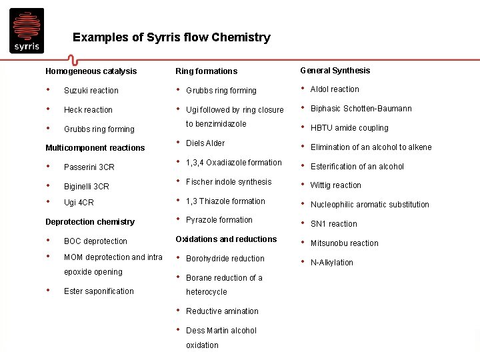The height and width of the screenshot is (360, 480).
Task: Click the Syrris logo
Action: [27, 31]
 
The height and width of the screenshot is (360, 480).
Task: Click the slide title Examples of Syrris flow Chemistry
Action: [171, 37]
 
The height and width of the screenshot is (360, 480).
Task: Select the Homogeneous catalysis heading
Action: [91, 71]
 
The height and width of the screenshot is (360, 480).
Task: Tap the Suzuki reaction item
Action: [91, 91]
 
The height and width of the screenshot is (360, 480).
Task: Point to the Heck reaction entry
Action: [88, 110]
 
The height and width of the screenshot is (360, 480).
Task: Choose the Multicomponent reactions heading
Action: [95, 148]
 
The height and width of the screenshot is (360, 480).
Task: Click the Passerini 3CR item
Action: [89, 167]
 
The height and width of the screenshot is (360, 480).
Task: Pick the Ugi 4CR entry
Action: [79, 203]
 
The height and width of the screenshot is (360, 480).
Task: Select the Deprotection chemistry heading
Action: [89, 222]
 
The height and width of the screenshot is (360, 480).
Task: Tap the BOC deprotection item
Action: [95, 241]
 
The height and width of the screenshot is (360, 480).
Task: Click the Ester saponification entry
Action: [99, 291]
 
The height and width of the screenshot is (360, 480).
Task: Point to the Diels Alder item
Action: [205, 143]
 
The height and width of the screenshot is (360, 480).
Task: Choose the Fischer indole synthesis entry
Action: [229, 182]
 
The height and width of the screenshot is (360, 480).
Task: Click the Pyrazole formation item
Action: [219, 220]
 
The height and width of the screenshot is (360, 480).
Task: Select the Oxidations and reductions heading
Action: [226, 239]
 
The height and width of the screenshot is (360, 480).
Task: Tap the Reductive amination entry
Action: [222, 311]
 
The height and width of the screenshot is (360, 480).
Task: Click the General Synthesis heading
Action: [335, 71]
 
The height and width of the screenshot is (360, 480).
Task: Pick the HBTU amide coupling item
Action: [349, 128]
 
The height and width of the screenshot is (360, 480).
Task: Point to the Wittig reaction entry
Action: [335, 185]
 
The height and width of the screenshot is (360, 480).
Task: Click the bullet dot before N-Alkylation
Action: [303, 261]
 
